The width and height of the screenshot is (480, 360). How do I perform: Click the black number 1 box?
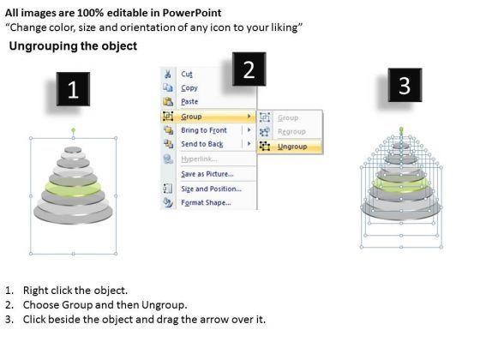pyautogui.click(x=73, y=89)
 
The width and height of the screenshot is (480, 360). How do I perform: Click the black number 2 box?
pyautogui.click(x=249, y=69)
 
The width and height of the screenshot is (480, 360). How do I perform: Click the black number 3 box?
pyautogui.click(x=405, y=85)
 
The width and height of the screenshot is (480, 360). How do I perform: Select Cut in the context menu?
pyautogui.click(x=187, y=74)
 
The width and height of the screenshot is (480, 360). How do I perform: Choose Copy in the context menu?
pyautogui.click(x=189, y=88)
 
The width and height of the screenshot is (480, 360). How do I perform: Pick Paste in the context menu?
pyautogui.click(x=189, y=102)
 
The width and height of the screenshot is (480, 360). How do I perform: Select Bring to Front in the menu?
pyautogui.click(x=204, y=130)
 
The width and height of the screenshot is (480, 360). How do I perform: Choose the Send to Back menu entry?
pyautogui.click(x=202, y=144)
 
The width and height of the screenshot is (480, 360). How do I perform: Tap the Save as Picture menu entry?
pyautogui.click(x=207, y=174)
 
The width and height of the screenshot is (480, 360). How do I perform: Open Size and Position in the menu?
pyautogui.click(x=211, y=189)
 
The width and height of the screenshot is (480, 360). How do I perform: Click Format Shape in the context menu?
pyautogui.click(x=206, y=202)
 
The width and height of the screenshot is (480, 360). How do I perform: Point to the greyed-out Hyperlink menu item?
pyautogui.click(x=199, y=159)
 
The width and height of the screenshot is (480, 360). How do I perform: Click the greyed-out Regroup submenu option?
pyautogui.click(x=291, y=132)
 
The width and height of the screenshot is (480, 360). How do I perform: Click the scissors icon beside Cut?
pyautogui.click(x=168, y=74)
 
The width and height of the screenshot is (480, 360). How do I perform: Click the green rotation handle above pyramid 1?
pyautogui.click(x=73, y=130)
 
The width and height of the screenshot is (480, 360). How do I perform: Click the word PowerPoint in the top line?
pyautogui.click(x=192, y=13)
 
